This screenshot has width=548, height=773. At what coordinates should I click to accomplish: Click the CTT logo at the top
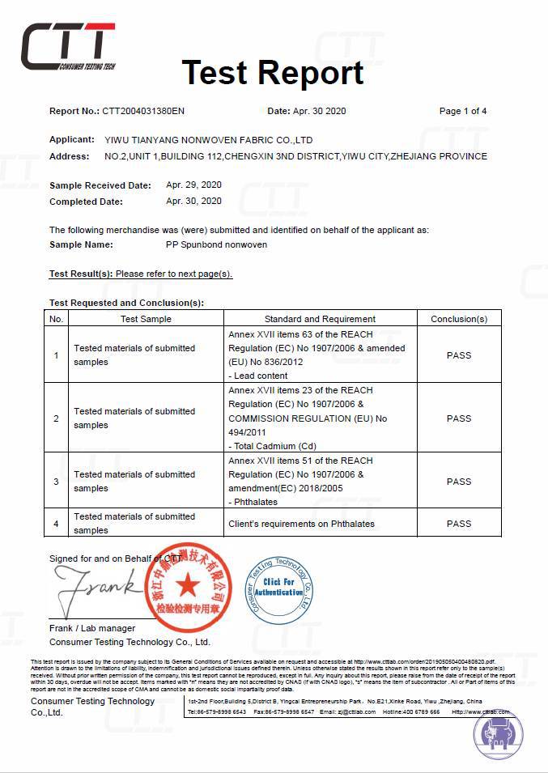(68, 46)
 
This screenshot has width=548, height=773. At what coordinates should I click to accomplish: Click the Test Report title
(273, 73)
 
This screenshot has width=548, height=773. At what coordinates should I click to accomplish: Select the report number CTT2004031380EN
(143, 111)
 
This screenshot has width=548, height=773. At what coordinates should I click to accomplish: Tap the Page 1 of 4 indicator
(462, 111)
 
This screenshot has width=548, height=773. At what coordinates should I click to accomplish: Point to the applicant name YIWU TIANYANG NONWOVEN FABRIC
(209, 140)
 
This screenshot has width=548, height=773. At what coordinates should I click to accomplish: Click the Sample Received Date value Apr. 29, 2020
(193, 185)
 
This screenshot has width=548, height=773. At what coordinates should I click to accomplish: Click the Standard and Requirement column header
(320, 319)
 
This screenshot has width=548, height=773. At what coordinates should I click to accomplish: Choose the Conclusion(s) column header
(458, 319)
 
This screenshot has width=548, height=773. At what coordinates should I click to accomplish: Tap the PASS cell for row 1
(458, 355)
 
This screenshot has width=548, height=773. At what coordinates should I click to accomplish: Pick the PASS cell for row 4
(458, 524)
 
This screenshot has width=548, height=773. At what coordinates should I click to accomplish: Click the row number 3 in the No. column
(56, 482)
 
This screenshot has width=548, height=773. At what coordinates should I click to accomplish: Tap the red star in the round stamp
(188, 584)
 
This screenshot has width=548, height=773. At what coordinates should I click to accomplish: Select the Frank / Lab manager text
(91, 628)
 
